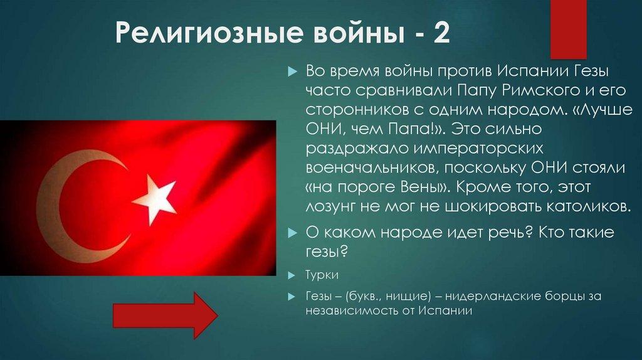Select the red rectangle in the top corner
coord(568,29)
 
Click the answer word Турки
coord(322,277)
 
